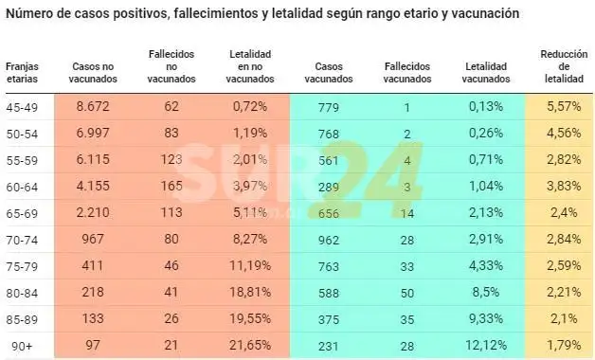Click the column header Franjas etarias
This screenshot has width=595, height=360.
tap(22, 72)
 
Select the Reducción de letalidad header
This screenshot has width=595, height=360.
tap(564, 66)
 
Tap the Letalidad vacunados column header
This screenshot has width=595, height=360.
tap(486, 72)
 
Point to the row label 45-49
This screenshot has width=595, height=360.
tap(22, 107)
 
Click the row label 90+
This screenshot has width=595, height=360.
tap(22, 347)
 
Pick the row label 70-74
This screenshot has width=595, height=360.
tap(22, 240)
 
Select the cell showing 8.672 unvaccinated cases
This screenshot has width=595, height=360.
tap(93, 106)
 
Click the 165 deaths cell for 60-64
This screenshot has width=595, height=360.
tap(171, 186)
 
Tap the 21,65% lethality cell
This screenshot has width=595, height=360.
tap(250, 345)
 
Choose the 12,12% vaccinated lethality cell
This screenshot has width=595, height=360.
tap(486, 345)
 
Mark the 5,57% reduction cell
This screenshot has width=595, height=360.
tap(564, 106)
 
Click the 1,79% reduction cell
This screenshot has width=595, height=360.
tap(564, 345)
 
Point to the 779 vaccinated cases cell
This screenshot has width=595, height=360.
tap(329, 108)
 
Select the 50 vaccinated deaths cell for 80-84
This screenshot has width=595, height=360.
tap(407, 294)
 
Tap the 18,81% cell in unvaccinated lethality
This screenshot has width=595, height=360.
tap(250, 292)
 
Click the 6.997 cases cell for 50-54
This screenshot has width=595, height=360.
tap(93, 133)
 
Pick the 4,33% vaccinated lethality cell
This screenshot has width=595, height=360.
tap(486, 265)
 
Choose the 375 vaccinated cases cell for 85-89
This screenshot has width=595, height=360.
tap(329, 320)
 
